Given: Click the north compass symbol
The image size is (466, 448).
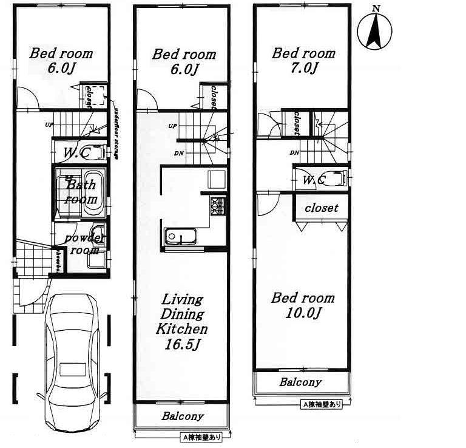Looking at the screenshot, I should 376,30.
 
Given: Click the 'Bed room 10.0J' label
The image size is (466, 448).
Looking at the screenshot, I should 302,305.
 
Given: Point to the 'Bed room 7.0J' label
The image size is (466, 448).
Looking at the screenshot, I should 303,60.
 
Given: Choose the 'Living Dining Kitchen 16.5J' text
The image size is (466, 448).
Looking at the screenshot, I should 182,322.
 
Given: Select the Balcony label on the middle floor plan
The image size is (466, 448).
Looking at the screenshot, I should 182,417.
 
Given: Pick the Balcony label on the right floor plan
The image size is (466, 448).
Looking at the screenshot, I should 300,382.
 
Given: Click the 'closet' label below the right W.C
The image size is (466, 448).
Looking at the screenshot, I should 321,208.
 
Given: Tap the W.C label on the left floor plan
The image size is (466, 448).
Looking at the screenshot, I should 75,153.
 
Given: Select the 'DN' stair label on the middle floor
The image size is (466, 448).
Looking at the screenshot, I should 178,154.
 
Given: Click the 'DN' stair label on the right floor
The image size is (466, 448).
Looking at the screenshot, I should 294,152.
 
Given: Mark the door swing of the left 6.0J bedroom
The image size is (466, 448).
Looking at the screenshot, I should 26,99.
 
